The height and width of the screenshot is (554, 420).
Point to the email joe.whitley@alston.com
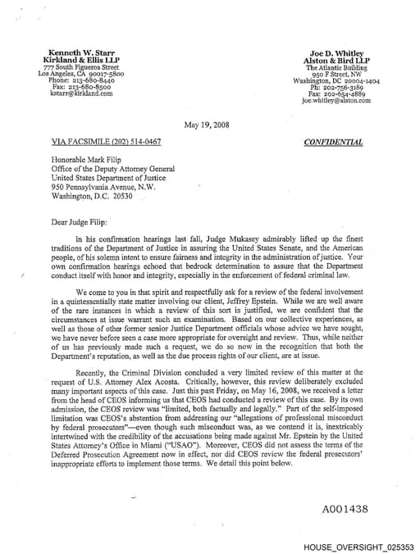[336, 101]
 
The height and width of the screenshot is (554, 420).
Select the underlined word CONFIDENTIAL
[333, 141]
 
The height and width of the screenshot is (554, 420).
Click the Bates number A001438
[345, 509]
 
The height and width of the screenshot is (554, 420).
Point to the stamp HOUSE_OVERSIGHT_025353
[358, 546]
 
